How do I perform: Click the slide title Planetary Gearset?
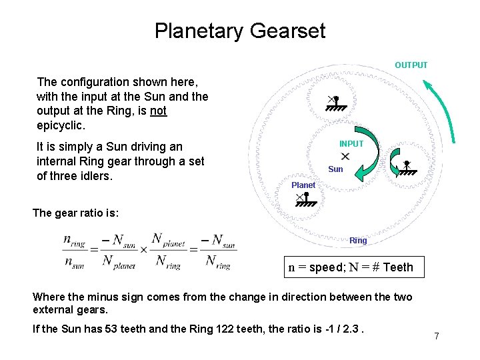pos(240,31)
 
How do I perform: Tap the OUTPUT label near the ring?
pos(411,65)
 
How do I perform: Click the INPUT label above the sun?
pos(351,144)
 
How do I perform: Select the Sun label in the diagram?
pos(336,169)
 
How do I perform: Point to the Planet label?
pos(303,185)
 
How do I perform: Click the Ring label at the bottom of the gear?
pos(358,240)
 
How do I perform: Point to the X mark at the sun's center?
pos(345,156)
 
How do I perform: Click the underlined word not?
pos(158,111)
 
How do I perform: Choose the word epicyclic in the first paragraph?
pos(60,125)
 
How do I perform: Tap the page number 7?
pos(437,336)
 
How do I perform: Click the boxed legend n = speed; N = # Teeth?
pos(351,267)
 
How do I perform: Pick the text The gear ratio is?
pos(76,213)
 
